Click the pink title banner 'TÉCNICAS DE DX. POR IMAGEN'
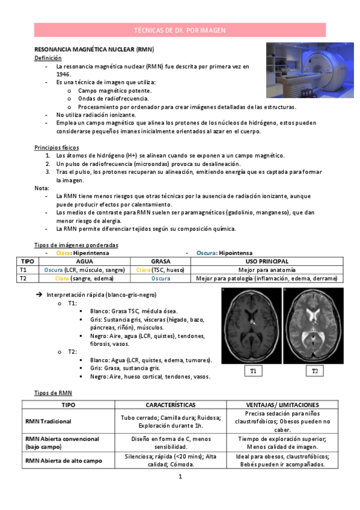point(180,29)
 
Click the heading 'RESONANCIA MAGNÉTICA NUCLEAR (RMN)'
point(94,49)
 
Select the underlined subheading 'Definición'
point(48,58)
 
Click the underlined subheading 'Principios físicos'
point(57,147)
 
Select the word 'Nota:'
point(43,188)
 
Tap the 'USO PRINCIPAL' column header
point(266,262)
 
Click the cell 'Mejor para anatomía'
point(266,270)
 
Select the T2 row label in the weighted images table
point(23,278)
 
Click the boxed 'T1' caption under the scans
point(253,372)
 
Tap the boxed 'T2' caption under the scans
point(314,372)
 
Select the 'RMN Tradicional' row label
point(48,422)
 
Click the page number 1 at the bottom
point(180,477)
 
